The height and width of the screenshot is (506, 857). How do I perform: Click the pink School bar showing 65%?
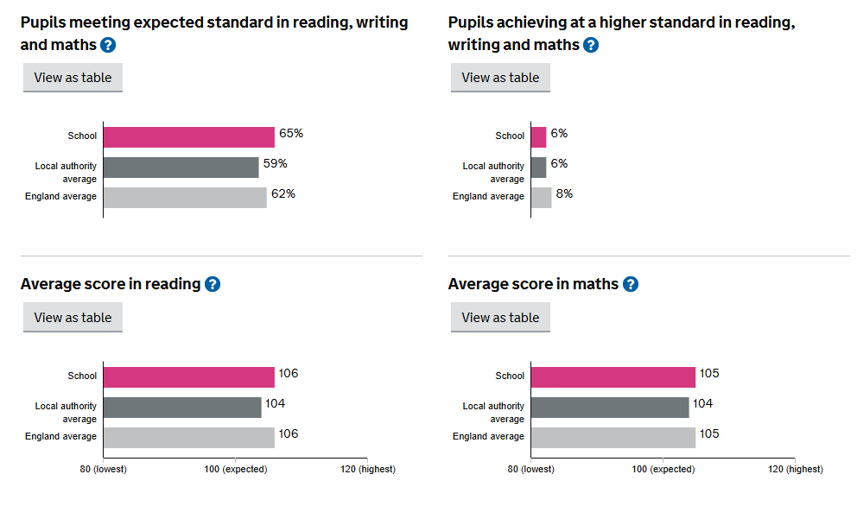[x=188, y=136]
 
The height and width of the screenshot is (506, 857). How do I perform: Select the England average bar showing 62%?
[x=185, y=197]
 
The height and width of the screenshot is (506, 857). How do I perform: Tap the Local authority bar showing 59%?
[x=181, y=167]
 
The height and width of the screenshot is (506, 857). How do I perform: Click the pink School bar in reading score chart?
[x=188, y=376]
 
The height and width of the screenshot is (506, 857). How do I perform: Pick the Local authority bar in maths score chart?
[x=609, y=407]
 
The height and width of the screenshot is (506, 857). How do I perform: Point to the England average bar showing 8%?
[x=541, y=197]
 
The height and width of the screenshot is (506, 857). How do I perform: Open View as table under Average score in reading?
[x=73, y=317]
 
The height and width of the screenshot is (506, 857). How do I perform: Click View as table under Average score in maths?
[x=500, y=317]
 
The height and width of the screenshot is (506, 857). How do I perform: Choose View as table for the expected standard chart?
[x=73, y=77]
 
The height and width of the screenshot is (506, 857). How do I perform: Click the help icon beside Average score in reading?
[x=213, y=284]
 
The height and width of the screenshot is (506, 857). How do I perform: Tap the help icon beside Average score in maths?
[x=631, y=284]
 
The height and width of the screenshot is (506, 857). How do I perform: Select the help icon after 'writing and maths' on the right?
[x=591, y=45]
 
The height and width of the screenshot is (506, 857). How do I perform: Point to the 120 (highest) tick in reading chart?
[x=367, y=469]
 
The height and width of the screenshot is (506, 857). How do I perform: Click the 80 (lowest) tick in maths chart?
[x=531, y=469]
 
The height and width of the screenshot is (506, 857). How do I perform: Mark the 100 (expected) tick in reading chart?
[x=235, y=469]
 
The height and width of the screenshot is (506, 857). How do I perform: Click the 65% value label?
[x=291, y=134]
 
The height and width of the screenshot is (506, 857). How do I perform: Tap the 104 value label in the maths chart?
[x=702, y=403]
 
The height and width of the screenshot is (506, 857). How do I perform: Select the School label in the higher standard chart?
[x=510, y=136]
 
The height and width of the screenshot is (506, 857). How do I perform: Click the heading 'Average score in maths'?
[x=533, y=284]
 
